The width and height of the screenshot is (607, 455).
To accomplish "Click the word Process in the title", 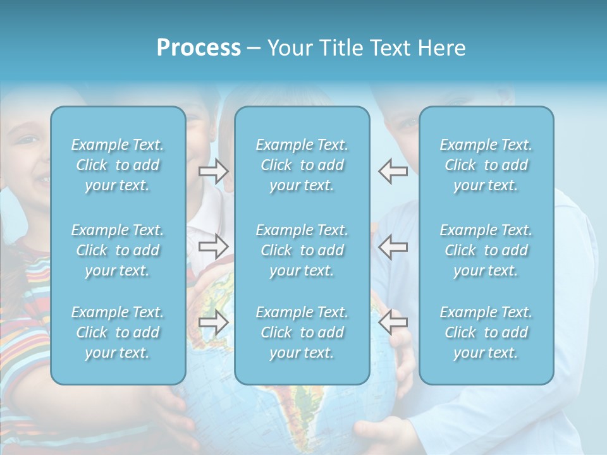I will [199, 48].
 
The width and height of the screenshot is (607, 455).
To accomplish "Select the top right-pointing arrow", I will [214, 171].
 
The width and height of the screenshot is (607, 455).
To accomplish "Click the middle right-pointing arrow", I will [214, 246].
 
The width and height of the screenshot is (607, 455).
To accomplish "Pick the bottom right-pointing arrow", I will [214, 322].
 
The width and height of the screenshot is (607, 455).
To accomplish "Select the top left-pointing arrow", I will [393, 171].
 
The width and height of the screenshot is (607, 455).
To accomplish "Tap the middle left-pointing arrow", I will [393, 246].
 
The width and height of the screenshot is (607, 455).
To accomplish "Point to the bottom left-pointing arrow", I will [393, 322].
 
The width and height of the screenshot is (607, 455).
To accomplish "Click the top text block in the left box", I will [118, 165].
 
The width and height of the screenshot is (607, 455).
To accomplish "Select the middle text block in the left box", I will [118, 250].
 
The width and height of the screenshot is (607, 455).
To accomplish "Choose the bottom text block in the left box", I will [118, 332].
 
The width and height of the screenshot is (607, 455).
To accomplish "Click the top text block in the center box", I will [302, 165].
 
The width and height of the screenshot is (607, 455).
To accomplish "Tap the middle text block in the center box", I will [302, 250].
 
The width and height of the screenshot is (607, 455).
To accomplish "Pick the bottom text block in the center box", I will [302, 332].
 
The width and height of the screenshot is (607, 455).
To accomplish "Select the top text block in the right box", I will [486, 165].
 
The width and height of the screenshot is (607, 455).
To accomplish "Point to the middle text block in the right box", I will [486, 250].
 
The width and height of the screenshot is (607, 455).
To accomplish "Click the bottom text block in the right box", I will [486, 332].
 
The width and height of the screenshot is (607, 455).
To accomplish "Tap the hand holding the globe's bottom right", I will [379, 436].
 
